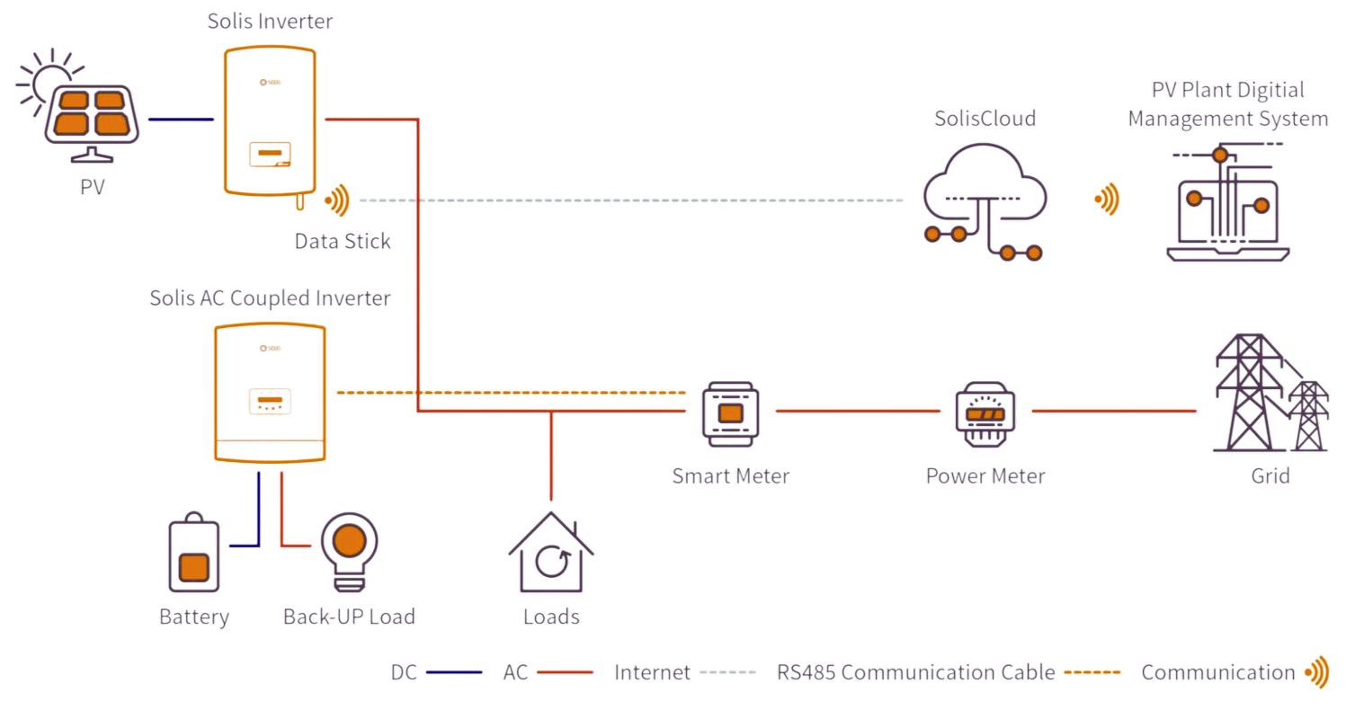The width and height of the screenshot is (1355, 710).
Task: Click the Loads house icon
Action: (550, 555)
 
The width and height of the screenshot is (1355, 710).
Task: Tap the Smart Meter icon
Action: (730, 412)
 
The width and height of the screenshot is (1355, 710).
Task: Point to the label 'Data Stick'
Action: (343, 241)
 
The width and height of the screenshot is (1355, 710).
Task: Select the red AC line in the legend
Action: (564, 672)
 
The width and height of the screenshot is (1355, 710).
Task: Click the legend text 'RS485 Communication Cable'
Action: (915, 672)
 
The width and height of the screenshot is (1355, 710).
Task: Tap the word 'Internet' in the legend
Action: (653, 672)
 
